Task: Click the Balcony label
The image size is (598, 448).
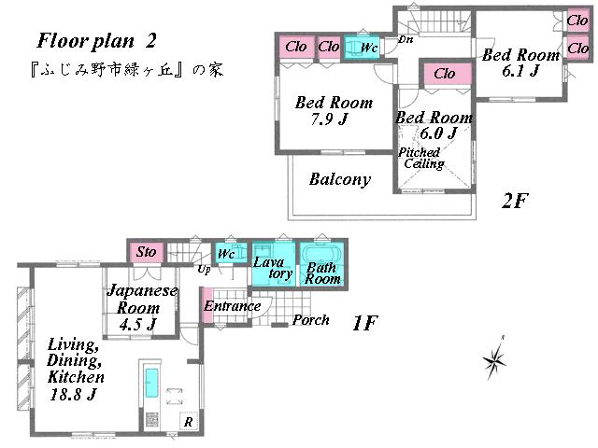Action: pos(339,179)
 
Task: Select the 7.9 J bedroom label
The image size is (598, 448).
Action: pos(333,111)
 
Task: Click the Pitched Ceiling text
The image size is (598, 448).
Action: pos(422,158)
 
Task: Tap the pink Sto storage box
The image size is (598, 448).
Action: pos(146,252)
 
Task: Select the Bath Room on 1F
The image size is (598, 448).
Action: pos(322,265)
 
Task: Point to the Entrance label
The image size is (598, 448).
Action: pos(233,306)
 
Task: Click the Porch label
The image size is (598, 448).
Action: pos(310,320)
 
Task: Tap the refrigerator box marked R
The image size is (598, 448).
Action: pos(188,422)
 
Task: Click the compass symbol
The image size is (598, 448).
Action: pos(495,358)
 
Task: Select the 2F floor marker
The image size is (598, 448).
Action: pos(516,201)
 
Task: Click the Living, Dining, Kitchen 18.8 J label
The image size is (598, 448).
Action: pos(75,370)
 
